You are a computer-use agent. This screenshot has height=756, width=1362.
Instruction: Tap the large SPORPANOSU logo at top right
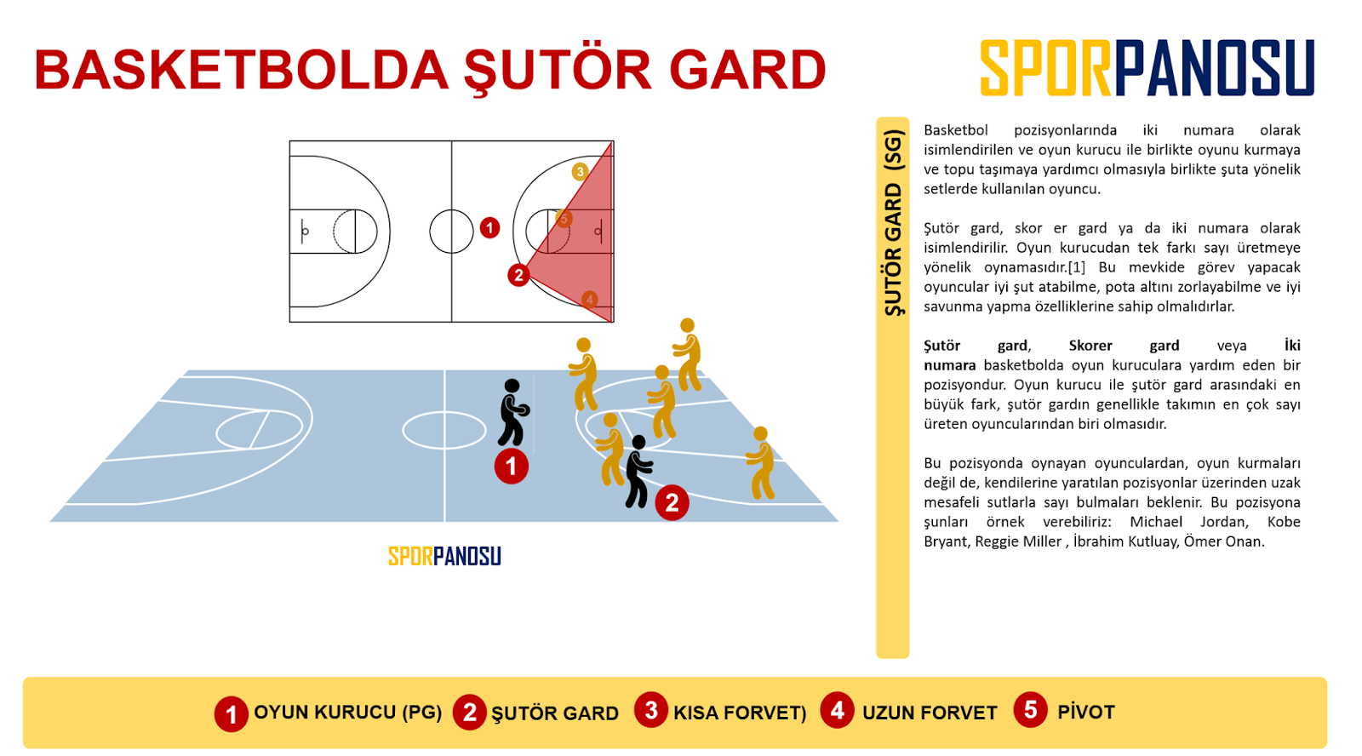pos(1147,68)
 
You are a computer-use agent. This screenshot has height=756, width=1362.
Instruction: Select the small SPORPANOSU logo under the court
pos(444,556)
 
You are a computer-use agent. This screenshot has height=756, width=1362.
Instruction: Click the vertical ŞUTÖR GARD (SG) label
pos(892,223)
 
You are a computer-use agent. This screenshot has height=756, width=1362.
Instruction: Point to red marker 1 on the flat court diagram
pos(489,227)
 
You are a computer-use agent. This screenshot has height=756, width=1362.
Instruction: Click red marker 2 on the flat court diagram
pos(518,275)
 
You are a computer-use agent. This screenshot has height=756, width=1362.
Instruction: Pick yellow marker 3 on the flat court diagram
pos(581,171)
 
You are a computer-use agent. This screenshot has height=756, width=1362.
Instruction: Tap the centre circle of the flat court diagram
pos(451,232)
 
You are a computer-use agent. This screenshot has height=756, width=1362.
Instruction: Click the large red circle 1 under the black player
pos(512,467)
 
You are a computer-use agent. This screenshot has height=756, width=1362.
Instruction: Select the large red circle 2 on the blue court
pos(672,502)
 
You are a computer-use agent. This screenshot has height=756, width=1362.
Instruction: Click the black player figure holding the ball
pos(512,413)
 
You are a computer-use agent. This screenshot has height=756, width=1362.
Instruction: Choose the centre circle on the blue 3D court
pos(444,430)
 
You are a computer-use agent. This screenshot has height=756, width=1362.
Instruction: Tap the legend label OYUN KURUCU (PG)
pos(347,713)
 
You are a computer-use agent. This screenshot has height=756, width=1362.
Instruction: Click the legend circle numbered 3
pos(651,710)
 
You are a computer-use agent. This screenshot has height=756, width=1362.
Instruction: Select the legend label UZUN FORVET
pos(930,713)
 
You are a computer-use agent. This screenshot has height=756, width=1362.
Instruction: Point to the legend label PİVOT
pos(1085,712)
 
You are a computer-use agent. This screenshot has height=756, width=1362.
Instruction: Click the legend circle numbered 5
pos(1030,710)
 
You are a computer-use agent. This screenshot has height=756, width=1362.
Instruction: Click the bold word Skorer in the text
pos(1090,346)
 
